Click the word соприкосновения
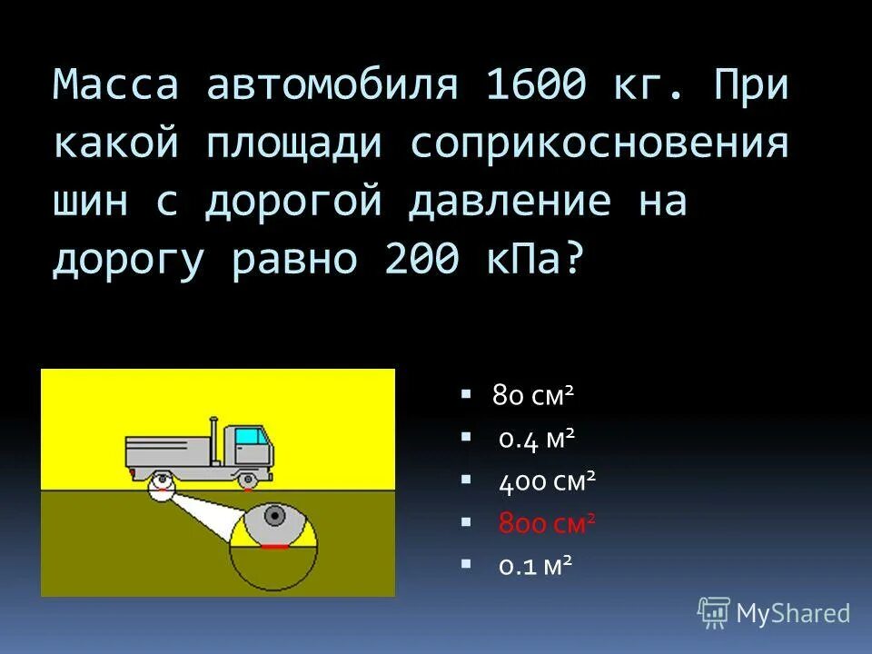(599, 144)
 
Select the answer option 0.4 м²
(537, 440)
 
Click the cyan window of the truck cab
(248, 435)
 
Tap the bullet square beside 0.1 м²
(466, 564)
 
